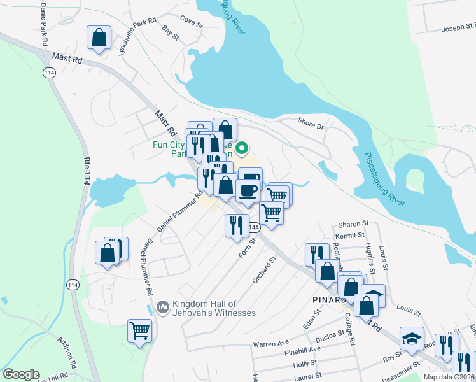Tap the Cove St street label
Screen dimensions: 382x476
click(191, 22)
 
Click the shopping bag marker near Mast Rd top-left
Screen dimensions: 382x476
click(99, 38)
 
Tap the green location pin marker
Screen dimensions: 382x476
click(242, 149)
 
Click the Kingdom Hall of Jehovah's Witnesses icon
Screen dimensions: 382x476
click(162, 308)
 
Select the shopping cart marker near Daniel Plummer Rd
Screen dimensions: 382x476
click(139, 331)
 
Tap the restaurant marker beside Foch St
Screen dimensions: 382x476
click(236, 225)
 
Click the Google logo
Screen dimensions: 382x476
click(21, 374)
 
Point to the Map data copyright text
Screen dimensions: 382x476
click(449, 377)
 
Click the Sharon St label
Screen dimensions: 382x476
click(354, 224)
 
